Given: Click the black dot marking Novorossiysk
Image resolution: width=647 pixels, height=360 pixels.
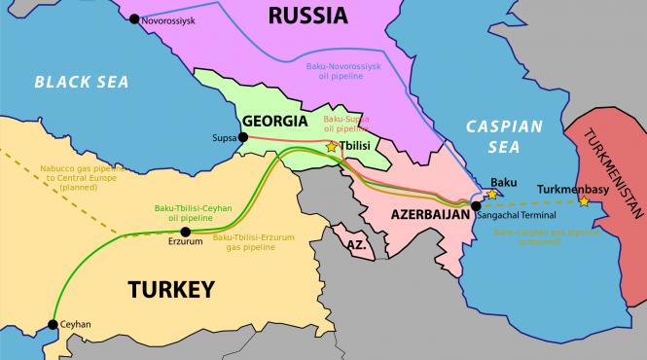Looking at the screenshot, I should pos(133,18).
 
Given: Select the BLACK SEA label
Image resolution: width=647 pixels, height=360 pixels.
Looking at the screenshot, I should pos(82,83).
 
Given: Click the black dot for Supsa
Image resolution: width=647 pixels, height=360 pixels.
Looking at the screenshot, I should pos(243,137).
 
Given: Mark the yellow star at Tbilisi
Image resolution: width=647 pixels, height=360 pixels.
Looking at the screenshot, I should pos(332,146).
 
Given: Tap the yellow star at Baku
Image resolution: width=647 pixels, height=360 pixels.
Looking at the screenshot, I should pos(492,195).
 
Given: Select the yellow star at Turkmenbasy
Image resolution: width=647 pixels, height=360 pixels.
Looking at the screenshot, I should pos(584,201).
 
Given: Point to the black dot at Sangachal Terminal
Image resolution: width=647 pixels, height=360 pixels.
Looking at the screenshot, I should pos(476,205).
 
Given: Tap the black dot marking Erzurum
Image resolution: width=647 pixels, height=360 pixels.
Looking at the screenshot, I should pos(185,232).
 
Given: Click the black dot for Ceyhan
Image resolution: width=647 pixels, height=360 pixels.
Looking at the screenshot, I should pos(52,326).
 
